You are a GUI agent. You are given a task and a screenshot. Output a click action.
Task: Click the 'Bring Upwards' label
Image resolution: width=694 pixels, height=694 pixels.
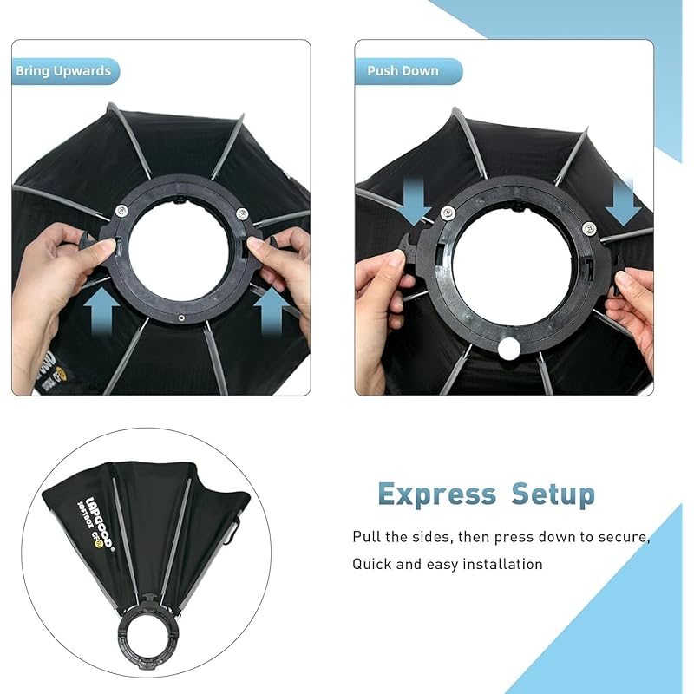63,71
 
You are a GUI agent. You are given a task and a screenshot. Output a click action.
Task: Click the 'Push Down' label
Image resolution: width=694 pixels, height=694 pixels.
403,71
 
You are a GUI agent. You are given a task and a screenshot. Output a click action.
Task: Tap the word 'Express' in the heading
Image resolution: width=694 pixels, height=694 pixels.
437,494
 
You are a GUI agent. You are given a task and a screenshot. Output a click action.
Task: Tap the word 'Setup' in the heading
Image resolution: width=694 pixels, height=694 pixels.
553,494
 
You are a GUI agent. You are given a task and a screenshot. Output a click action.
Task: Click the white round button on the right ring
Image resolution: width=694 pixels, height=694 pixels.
509,349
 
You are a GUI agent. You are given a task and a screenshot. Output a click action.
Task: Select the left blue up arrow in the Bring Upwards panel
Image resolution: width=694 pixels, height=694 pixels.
101,310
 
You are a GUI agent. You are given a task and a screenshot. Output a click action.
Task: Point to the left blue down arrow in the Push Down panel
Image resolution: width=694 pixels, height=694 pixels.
415,201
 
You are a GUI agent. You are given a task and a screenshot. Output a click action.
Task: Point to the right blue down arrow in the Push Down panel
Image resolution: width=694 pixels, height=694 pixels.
623,201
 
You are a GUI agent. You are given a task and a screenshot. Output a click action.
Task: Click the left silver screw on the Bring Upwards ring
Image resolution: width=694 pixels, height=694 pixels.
121,210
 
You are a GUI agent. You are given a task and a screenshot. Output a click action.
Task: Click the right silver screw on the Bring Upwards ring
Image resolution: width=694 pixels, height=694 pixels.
242,213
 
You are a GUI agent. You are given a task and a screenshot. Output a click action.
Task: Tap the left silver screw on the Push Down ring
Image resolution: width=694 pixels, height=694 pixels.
448,213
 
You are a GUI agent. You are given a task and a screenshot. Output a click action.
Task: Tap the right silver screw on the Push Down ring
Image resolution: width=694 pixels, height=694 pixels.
589,228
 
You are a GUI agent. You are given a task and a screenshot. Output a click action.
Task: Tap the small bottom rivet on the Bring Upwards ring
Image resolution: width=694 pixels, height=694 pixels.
181,318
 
